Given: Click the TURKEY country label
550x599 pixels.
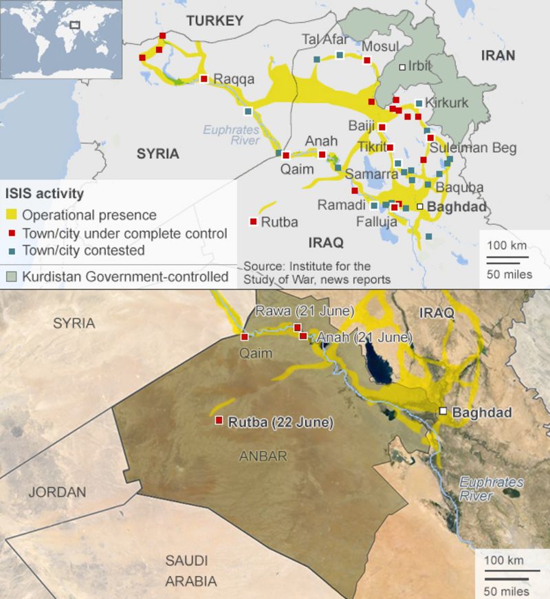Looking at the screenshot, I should coord(215,21).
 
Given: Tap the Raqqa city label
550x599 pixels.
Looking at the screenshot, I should coord(234,79).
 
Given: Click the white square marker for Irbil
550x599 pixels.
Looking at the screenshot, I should coord(402,67).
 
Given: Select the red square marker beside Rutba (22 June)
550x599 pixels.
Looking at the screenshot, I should coord(219,420).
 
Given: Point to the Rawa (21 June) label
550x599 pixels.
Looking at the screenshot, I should coord(305,311).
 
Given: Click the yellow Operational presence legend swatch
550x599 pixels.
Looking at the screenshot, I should coord(11,215).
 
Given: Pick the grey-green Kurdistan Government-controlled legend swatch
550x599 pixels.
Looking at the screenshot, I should coord(11,277).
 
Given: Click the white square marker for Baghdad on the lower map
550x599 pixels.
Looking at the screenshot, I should coord(443,411).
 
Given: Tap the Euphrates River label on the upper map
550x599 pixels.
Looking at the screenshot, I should coord(231,135).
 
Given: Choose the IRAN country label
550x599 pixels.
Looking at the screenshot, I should coord(498,56).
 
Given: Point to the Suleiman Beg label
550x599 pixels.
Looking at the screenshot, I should coord(473,148).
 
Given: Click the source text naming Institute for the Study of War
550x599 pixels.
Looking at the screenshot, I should coord(316,272).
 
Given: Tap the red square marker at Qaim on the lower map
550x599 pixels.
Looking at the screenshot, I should coord(244,336).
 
